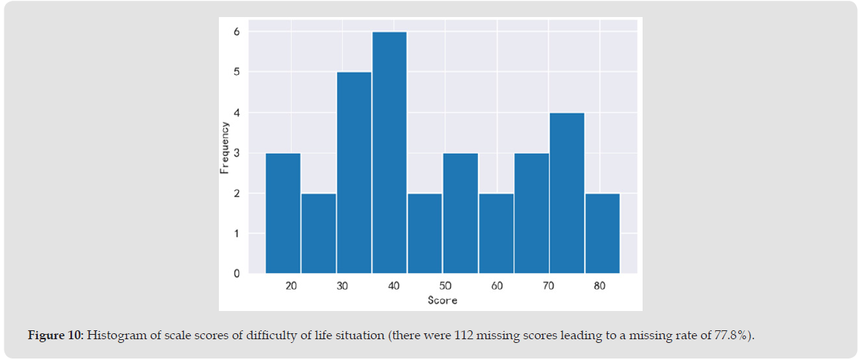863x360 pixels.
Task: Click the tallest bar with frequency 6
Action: (x=389, y=152)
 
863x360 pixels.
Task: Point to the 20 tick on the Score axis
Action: (x=291, y=286)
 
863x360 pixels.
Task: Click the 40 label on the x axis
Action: (x=394, y=286)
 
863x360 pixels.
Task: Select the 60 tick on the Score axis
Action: (x=497, y=286)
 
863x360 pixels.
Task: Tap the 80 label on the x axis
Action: (x=600, y=286)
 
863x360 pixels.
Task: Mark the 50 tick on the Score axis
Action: (x=445, y=286)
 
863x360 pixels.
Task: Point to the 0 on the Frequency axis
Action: (x=237, y=274)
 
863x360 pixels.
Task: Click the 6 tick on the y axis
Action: (x=237, y=32)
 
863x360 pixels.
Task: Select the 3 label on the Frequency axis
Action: (x=237, y=153)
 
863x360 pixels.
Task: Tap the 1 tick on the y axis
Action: (x=237, y=234)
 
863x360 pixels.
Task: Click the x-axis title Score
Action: (x=442, y=301)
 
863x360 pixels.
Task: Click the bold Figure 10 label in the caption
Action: (x=56, y=336)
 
